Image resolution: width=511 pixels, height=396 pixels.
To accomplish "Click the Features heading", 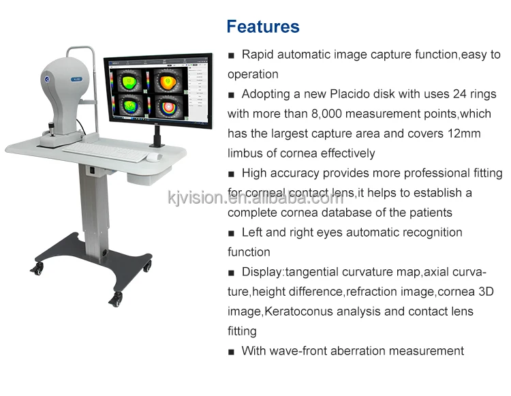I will (262, 27).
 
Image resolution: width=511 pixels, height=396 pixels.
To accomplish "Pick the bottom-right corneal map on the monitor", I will (168, 108).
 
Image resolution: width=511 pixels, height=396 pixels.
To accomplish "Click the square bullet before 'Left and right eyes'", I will (232, 233).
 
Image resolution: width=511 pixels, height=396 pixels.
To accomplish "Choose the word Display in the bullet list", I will (262, 272).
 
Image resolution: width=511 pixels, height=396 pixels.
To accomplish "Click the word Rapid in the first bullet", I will (258, 55).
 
